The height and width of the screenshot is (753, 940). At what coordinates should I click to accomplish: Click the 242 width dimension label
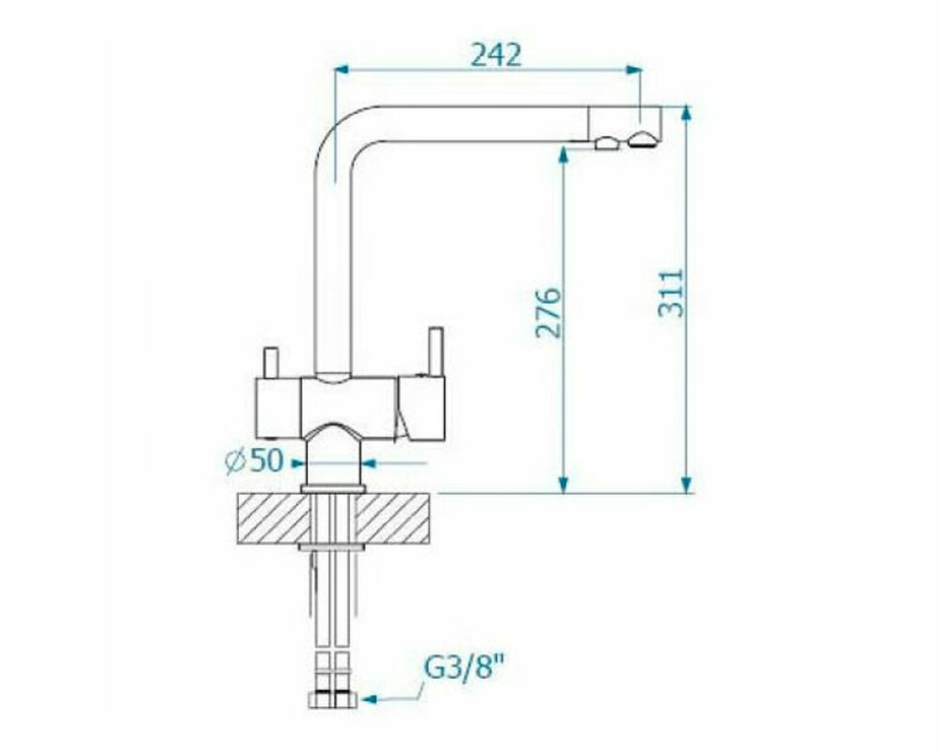(x=497, y=56)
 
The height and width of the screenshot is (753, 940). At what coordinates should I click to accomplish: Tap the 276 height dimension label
(x=549, y=312)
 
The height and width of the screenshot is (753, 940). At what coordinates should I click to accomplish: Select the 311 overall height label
(x=671, y=293)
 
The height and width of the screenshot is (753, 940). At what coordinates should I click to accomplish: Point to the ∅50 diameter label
(x=254, y=460)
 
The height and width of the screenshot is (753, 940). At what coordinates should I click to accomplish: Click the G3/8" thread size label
(x=463, y=667)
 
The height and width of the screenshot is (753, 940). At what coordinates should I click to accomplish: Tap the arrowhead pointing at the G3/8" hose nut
(x=369, y=699)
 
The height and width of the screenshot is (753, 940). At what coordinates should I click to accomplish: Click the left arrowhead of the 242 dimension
(x=342, y=70)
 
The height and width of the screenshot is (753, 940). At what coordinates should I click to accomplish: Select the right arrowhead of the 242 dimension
(x=634, y=70)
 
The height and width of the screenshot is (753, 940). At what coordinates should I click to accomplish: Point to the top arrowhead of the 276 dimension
(x=563, y=154)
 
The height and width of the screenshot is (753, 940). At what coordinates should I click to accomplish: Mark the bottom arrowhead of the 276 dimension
(x=563, y=485)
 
